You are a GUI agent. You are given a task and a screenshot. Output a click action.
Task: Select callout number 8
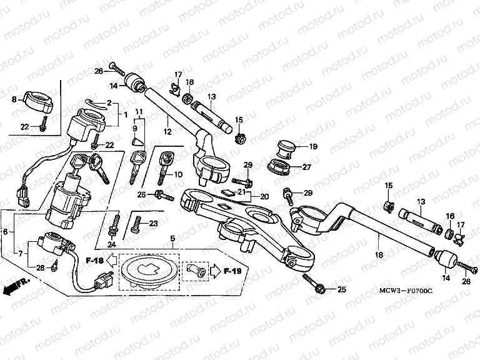pos(14,99)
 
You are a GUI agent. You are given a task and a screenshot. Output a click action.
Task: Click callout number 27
pos(307,167)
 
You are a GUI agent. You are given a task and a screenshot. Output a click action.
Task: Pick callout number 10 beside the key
pos(177,174)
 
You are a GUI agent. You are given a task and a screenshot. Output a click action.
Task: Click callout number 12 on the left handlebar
pos(167,131)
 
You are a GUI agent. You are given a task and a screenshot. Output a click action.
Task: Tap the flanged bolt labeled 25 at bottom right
pos(321,288)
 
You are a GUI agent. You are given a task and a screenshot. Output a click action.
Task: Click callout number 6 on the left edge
pos(6,232)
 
